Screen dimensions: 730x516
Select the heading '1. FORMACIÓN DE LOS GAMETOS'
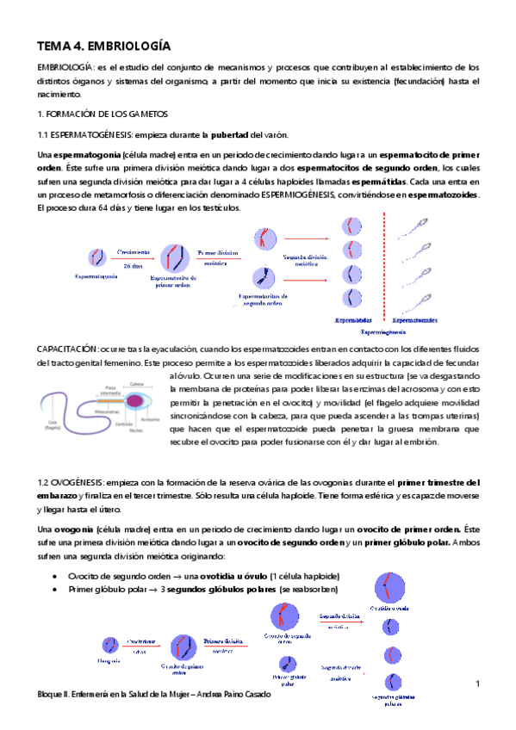(103, 114)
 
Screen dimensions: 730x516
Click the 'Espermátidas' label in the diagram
(355, 319)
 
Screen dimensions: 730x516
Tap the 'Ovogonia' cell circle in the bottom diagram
(110, 645)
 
